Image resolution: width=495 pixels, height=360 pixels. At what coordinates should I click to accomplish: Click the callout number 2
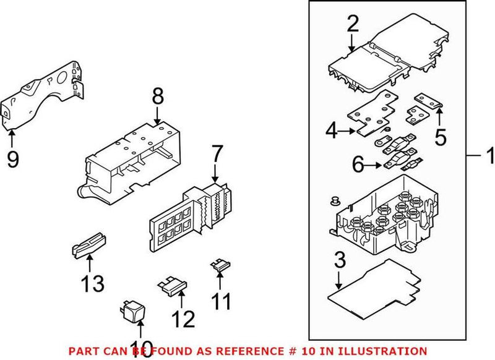[x=352, y=25]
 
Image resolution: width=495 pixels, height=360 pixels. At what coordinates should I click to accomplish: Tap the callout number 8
[x=158, y=96]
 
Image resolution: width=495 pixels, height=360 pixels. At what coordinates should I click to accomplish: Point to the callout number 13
[x=92, y=284]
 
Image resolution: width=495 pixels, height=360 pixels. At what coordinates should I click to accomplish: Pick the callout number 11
[x=221, y=301]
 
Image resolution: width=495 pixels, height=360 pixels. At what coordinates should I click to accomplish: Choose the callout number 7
[x=216, y=153]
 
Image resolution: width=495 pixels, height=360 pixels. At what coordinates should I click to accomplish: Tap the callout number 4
[x=331, y=131]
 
